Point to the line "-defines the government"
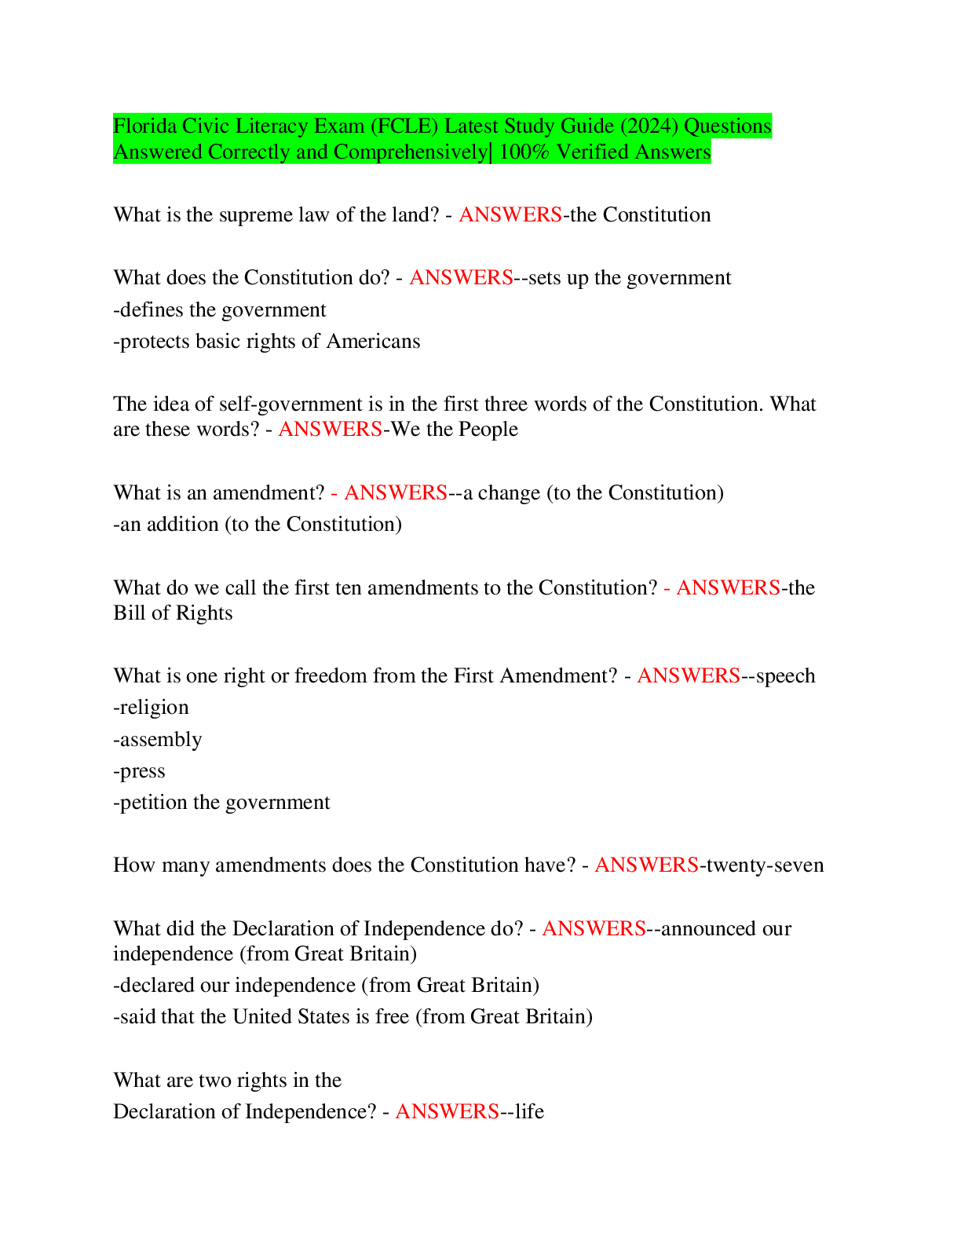pos(219,310)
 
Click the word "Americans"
pos(373,341)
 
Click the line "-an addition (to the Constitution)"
pos(258,525)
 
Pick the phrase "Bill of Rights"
pos(173,613)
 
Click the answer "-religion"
pos(151,708)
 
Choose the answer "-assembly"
pos(157,740)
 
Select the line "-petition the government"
pos(221,803)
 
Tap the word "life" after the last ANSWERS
pos(529,1112)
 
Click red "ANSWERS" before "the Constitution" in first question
pos(510,215)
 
